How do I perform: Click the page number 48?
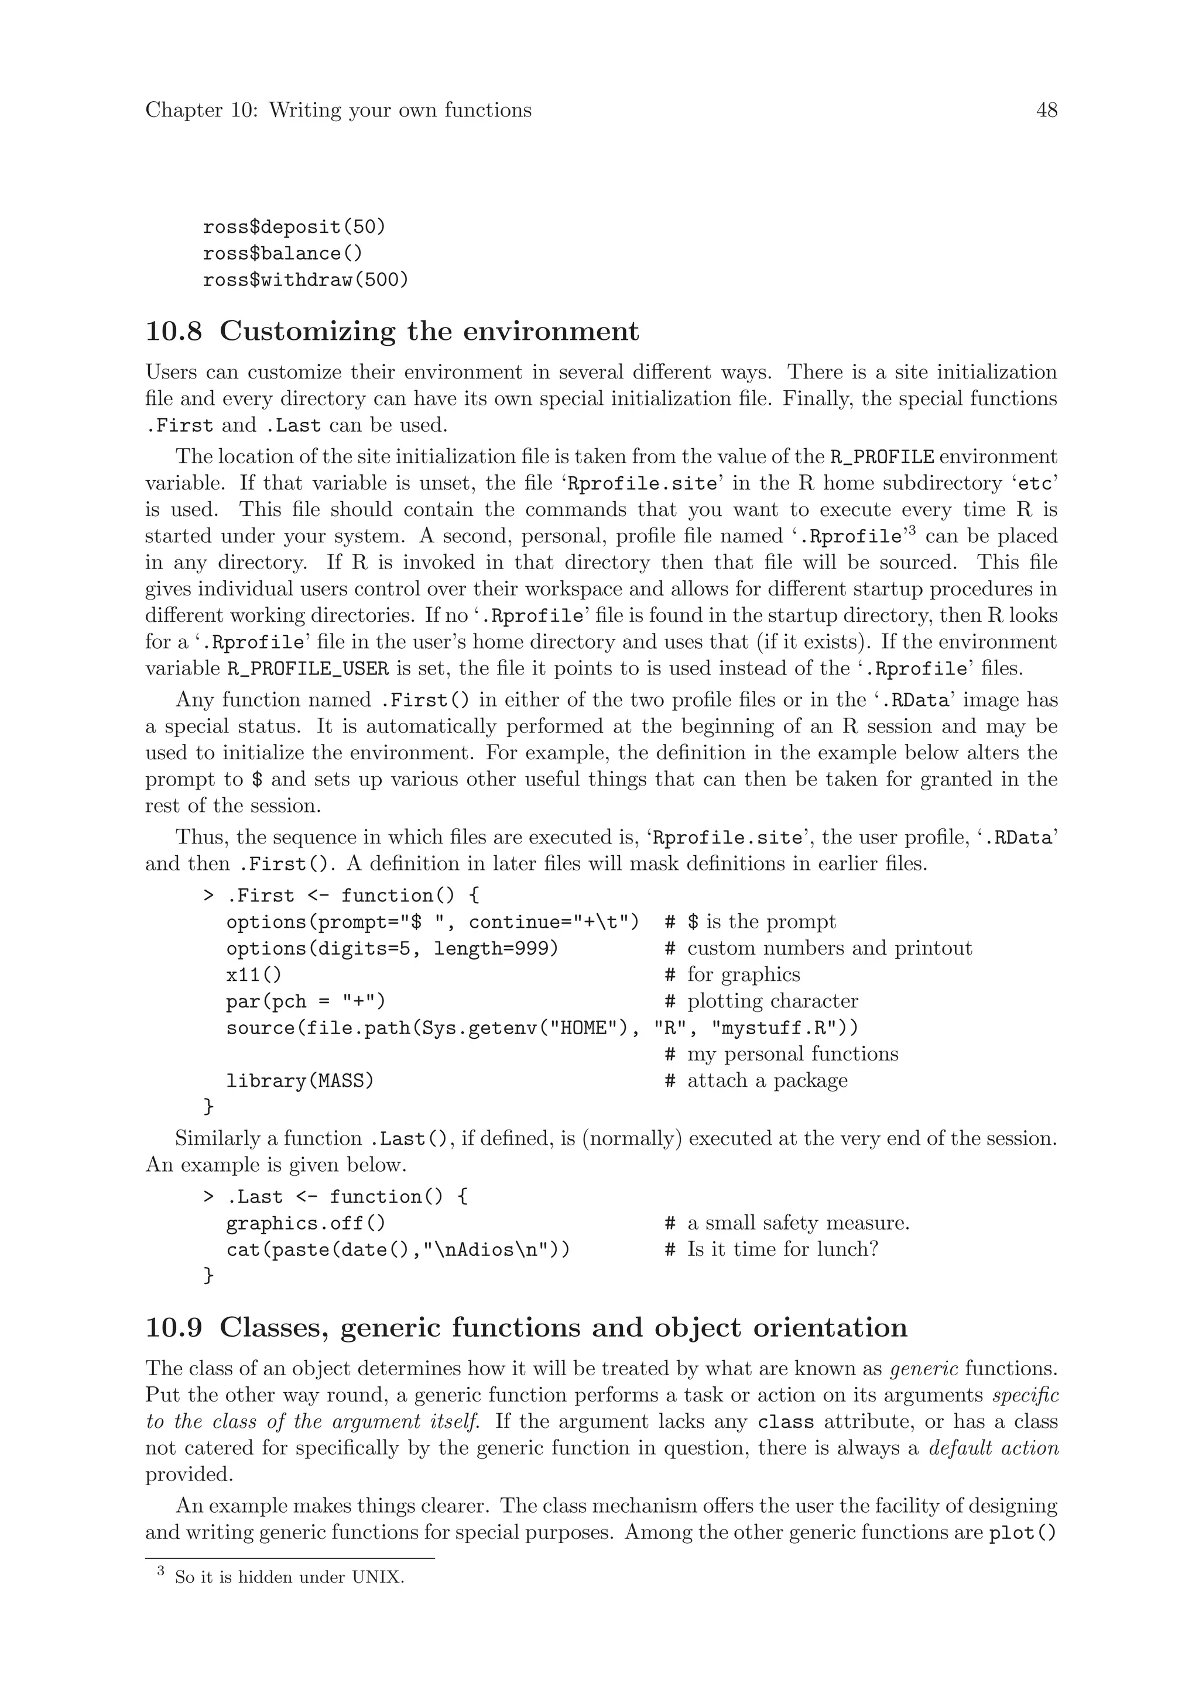pos(1046,111)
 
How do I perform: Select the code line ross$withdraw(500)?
pos(305,280)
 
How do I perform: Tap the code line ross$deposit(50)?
pos(294,227)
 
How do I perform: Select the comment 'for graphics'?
pos(743,975)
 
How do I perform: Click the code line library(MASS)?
pos(300,1082)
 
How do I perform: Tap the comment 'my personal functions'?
pos(792,1054)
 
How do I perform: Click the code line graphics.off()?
pos(305,1224)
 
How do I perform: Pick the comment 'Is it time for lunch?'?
pos(782,1250)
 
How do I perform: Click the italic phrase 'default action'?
pos(993,1449)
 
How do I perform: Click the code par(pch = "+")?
pos(306,1002)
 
